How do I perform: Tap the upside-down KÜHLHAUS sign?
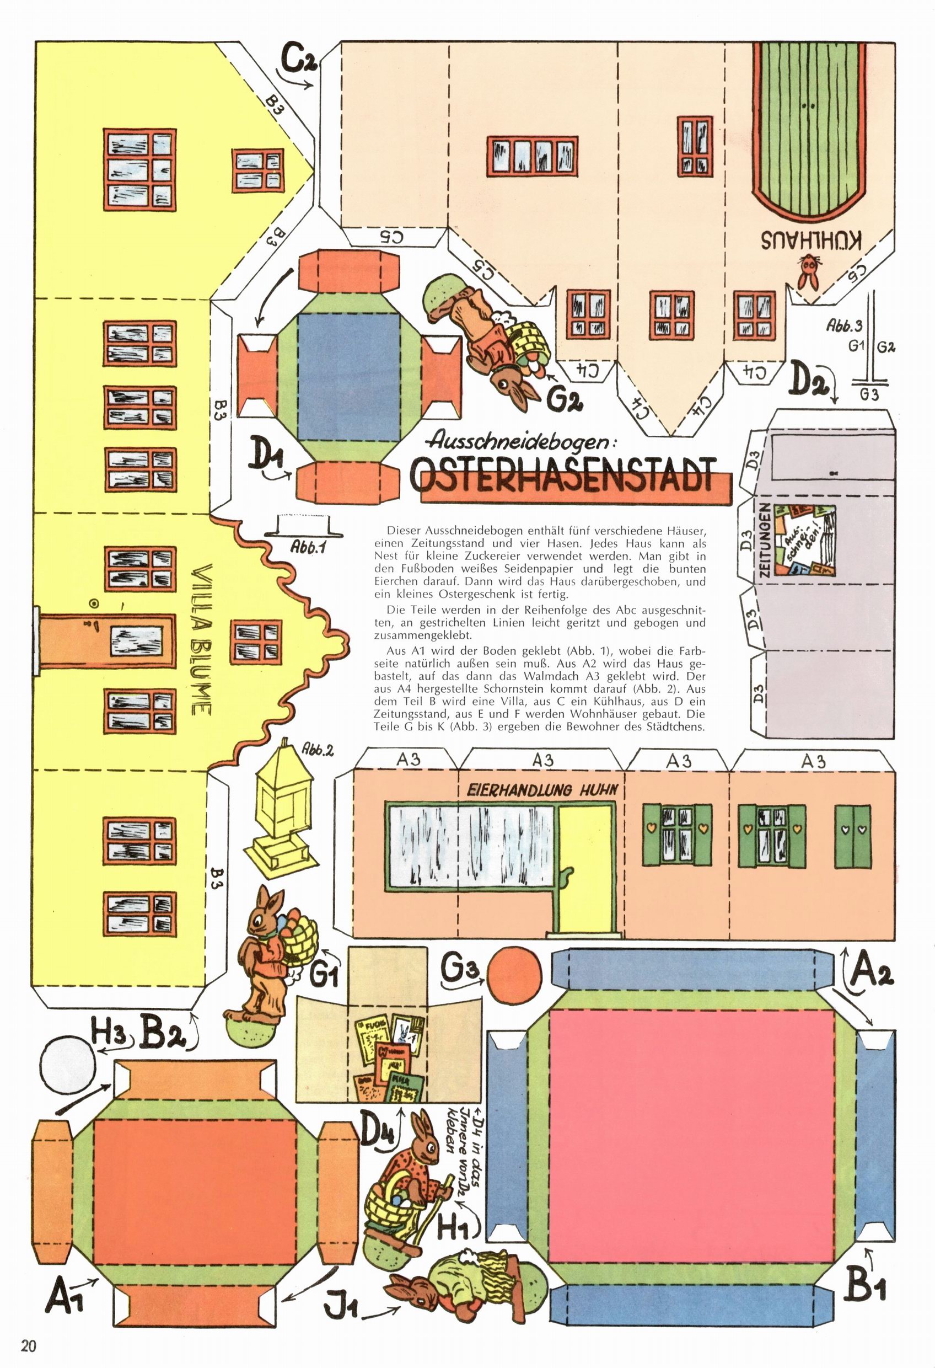tap(813, 239)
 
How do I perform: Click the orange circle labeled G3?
tap(515, 971)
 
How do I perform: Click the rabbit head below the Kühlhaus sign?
tap(810, 271)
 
